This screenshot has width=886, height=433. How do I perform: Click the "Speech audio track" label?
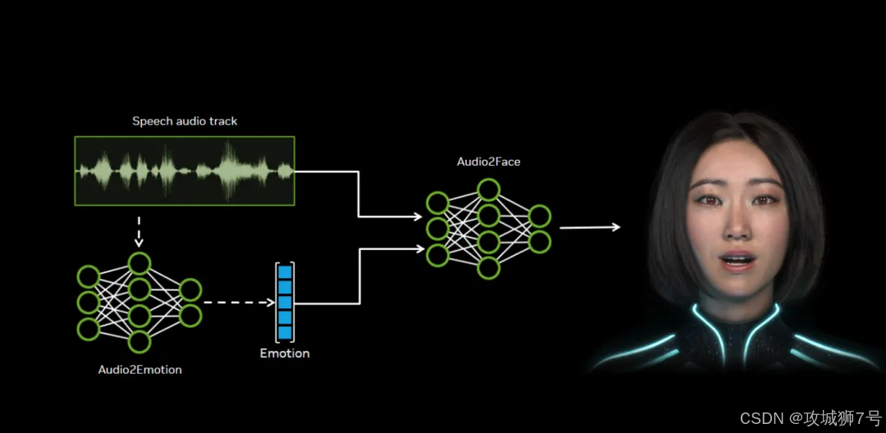(x=185, y=121)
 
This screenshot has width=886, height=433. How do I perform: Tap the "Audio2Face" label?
(x=488, y=162)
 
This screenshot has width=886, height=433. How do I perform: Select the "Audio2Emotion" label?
(x=139, y=370)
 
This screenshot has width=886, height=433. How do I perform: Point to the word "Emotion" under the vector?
(x=285, y=353)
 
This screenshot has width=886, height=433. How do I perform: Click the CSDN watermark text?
(x=809, y=417)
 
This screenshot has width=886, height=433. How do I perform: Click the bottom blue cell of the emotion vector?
(x=285, y=332)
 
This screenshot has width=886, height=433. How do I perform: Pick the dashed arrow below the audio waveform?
(x=139, y=233)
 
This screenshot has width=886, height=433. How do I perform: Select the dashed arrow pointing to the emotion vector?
(x=238, y=303)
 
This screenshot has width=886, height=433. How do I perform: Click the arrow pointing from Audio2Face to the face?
(x=589, y=227)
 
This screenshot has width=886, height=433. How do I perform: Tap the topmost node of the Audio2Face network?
(x=489, y=190)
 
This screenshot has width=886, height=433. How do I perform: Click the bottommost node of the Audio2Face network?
(x=489, y=267)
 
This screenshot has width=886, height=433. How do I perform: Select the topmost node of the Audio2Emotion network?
(x=139, y=263)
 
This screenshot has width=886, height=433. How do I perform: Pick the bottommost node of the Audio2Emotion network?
(x=139, y=341)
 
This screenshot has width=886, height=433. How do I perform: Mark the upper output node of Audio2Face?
(x=540, y=216)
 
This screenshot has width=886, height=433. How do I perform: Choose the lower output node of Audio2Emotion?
(x=190, y=316)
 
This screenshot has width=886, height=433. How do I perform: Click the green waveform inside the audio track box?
(x=185, y=171)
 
